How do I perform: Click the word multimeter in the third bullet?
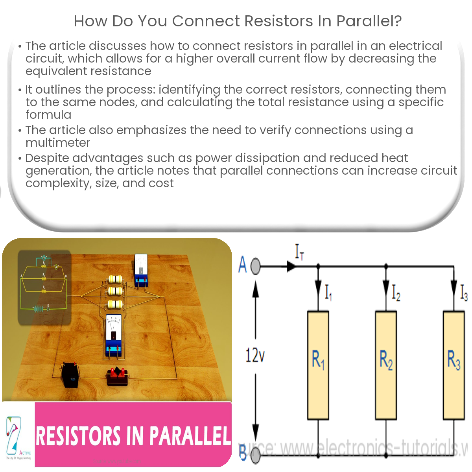pos(58,143)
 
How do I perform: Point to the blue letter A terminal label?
pos(243,265)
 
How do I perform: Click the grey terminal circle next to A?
pos(255,266)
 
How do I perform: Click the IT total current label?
pos(299,252)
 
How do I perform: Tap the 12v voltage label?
pos(255,356)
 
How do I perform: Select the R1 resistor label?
pos(318,360)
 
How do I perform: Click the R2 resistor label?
pos(386,360)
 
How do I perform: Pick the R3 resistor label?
pos(454,360)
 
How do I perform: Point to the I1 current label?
pos(328,293)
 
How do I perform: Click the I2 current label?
pos(396,293)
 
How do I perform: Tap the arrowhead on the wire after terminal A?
pos(291,266)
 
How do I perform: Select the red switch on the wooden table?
pos(118,376)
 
